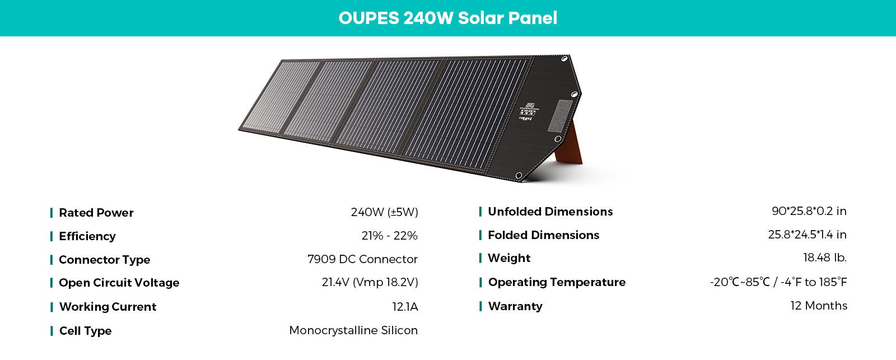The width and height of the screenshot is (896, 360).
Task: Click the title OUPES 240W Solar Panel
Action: click(447, 18)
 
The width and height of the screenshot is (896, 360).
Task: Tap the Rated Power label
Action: click(96, 212)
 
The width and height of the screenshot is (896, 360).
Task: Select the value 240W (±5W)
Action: click(384, 212)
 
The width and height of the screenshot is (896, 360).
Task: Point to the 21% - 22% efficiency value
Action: click(389, 236)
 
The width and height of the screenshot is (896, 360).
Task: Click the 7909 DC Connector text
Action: click(362, 259)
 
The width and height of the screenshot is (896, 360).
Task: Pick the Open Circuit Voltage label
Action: click(119, 283)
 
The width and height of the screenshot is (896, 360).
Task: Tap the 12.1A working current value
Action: click(405, 307)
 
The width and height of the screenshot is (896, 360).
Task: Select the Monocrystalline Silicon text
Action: click(353, 330)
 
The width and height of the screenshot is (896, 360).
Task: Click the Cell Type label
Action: click(85, 331)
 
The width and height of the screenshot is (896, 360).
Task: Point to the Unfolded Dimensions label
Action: click(550, 212)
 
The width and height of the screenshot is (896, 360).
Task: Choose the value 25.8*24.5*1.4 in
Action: click(807, 235)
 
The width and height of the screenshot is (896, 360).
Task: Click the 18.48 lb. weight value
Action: click(825, 258)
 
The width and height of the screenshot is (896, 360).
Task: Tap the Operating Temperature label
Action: click(557, 282)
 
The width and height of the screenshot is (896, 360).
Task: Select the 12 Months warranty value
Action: click(819, 306)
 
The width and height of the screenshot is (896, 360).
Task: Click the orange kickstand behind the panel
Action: click(570, 145)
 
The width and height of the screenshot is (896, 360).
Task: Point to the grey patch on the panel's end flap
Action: click(560, 115)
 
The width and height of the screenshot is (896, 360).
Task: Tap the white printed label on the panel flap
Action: click(529, 111)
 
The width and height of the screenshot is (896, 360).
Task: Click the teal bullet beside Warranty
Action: click(480, 306)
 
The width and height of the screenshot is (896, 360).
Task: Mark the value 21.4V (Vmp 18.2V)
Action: click(370, 282)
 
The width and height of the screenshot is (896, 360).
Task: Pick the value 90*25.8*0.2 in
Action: click(809, 211)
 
